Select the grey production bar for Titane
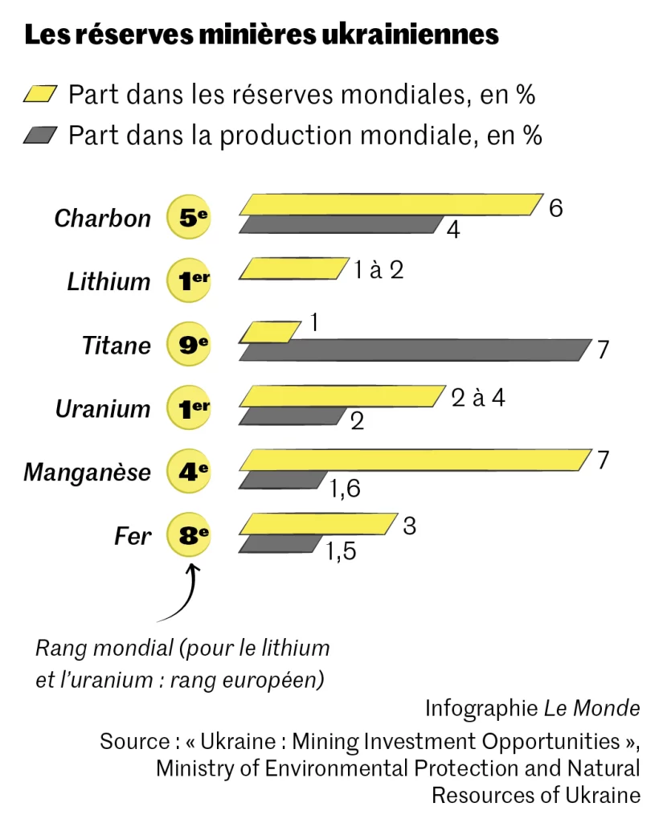(x=414, y=350)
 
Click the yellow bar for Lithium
(x=291, y=268)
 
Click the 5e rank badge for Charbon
(x=189, y=217)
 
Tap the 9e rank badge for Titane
(x=189, y=345)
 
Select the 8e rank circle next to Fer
(x=189, y=535)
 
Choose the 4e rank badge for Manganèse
(x=189, y=472)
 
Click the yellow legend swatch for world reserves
(x=41, y=94)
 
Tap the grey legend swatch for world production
(x=41, y=135)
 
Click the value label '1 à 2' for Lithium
(x=379, y=270)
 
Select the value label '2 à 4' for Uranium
(x=478, y=397)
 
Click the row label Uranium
(x=103, y=409)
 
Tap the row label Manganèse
(x=87, y=473)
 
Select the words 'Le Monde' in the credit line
(x=592, y=708)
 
